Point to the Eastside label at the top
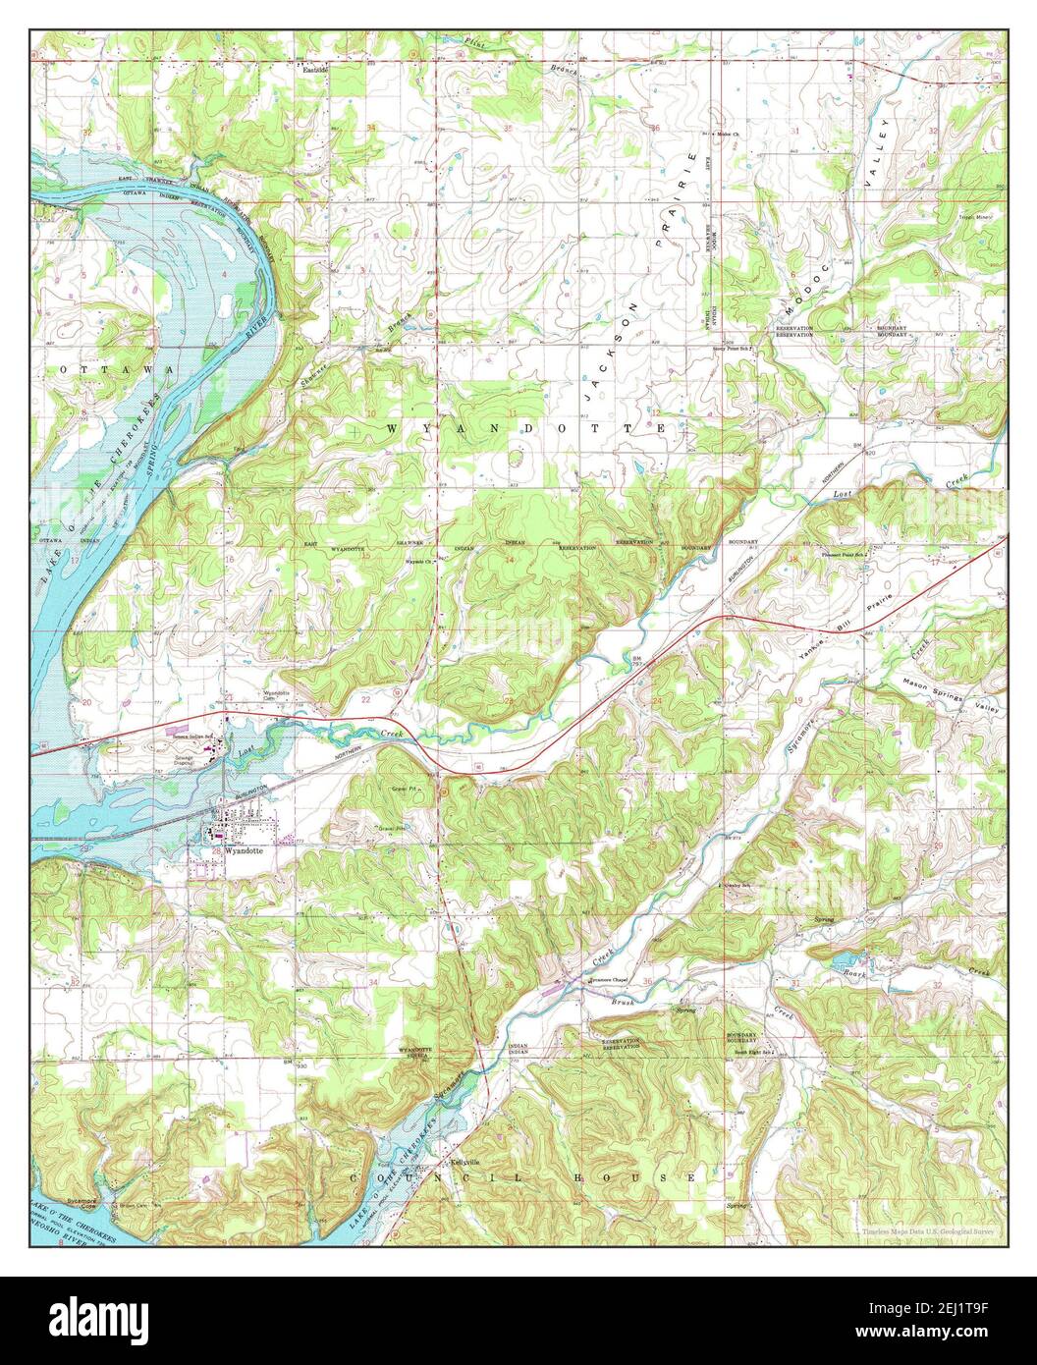[314, 71]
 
